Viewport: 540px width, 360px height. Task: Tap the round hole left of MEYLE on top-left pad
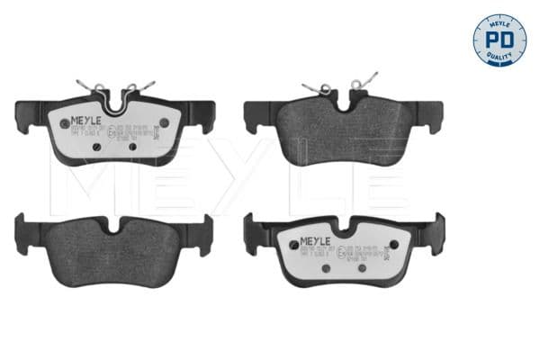coord(64,123)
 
